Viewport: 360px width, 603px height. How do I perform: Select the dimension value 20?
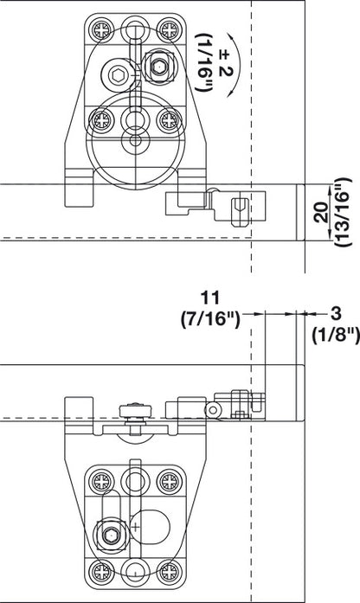pos(321,213)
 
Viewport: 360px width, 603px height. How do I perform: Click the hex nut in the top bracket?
pos(160,63)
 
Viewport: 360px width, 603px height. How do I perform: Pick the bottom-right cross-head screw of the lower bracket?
pos(166,570)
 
